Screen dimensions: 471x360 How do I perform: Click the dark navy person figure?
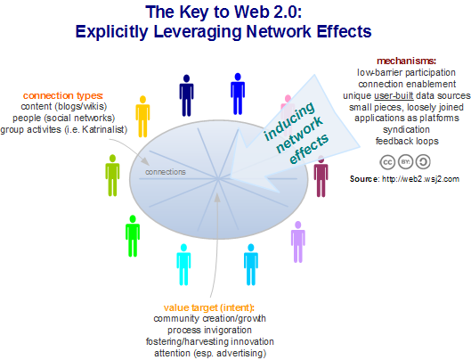(186, 95)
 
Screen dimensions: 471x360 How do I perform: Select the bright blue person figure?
(238, 94)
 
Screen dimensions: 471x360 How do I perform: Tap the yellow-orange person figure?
(142, 117)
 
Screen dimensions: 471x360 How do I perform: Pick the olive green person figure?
(112, 176)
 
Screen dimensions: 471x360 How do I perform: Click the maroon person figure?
(321, 176)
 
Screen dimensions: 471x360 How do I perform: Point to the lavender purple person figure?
(298, 241)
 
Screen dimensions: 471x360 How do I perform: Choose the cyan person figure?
(183, 265)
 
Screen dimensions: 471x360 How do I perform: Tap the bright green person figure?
(133, 236)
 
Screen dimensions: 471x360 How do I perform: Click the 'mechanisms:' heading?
(406, 61)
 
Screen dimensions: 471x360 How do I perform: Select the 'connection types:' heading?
(63, 95)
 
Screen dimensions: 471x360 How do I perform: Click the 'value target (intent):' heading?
(209, 307)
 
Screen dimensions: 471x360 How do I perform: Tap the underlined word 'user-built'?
(394, 95)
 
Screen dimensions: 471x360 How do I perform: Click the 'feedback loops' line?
(407, 141)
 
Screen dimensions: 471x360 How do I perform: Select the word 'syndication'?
(406, 129)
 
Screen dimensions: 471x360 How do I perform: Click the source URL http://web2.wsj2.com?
(420, 179)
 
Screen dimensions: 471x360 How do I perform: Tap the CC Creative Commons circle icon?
(387, 162)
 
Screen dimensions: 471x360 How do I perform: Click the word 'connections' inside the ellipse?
(166, 172)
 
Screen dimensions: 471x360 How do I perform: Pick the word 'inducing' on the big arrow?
(289, 121)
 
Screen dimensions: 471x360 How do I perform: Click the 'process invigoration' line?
(209, 331)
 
